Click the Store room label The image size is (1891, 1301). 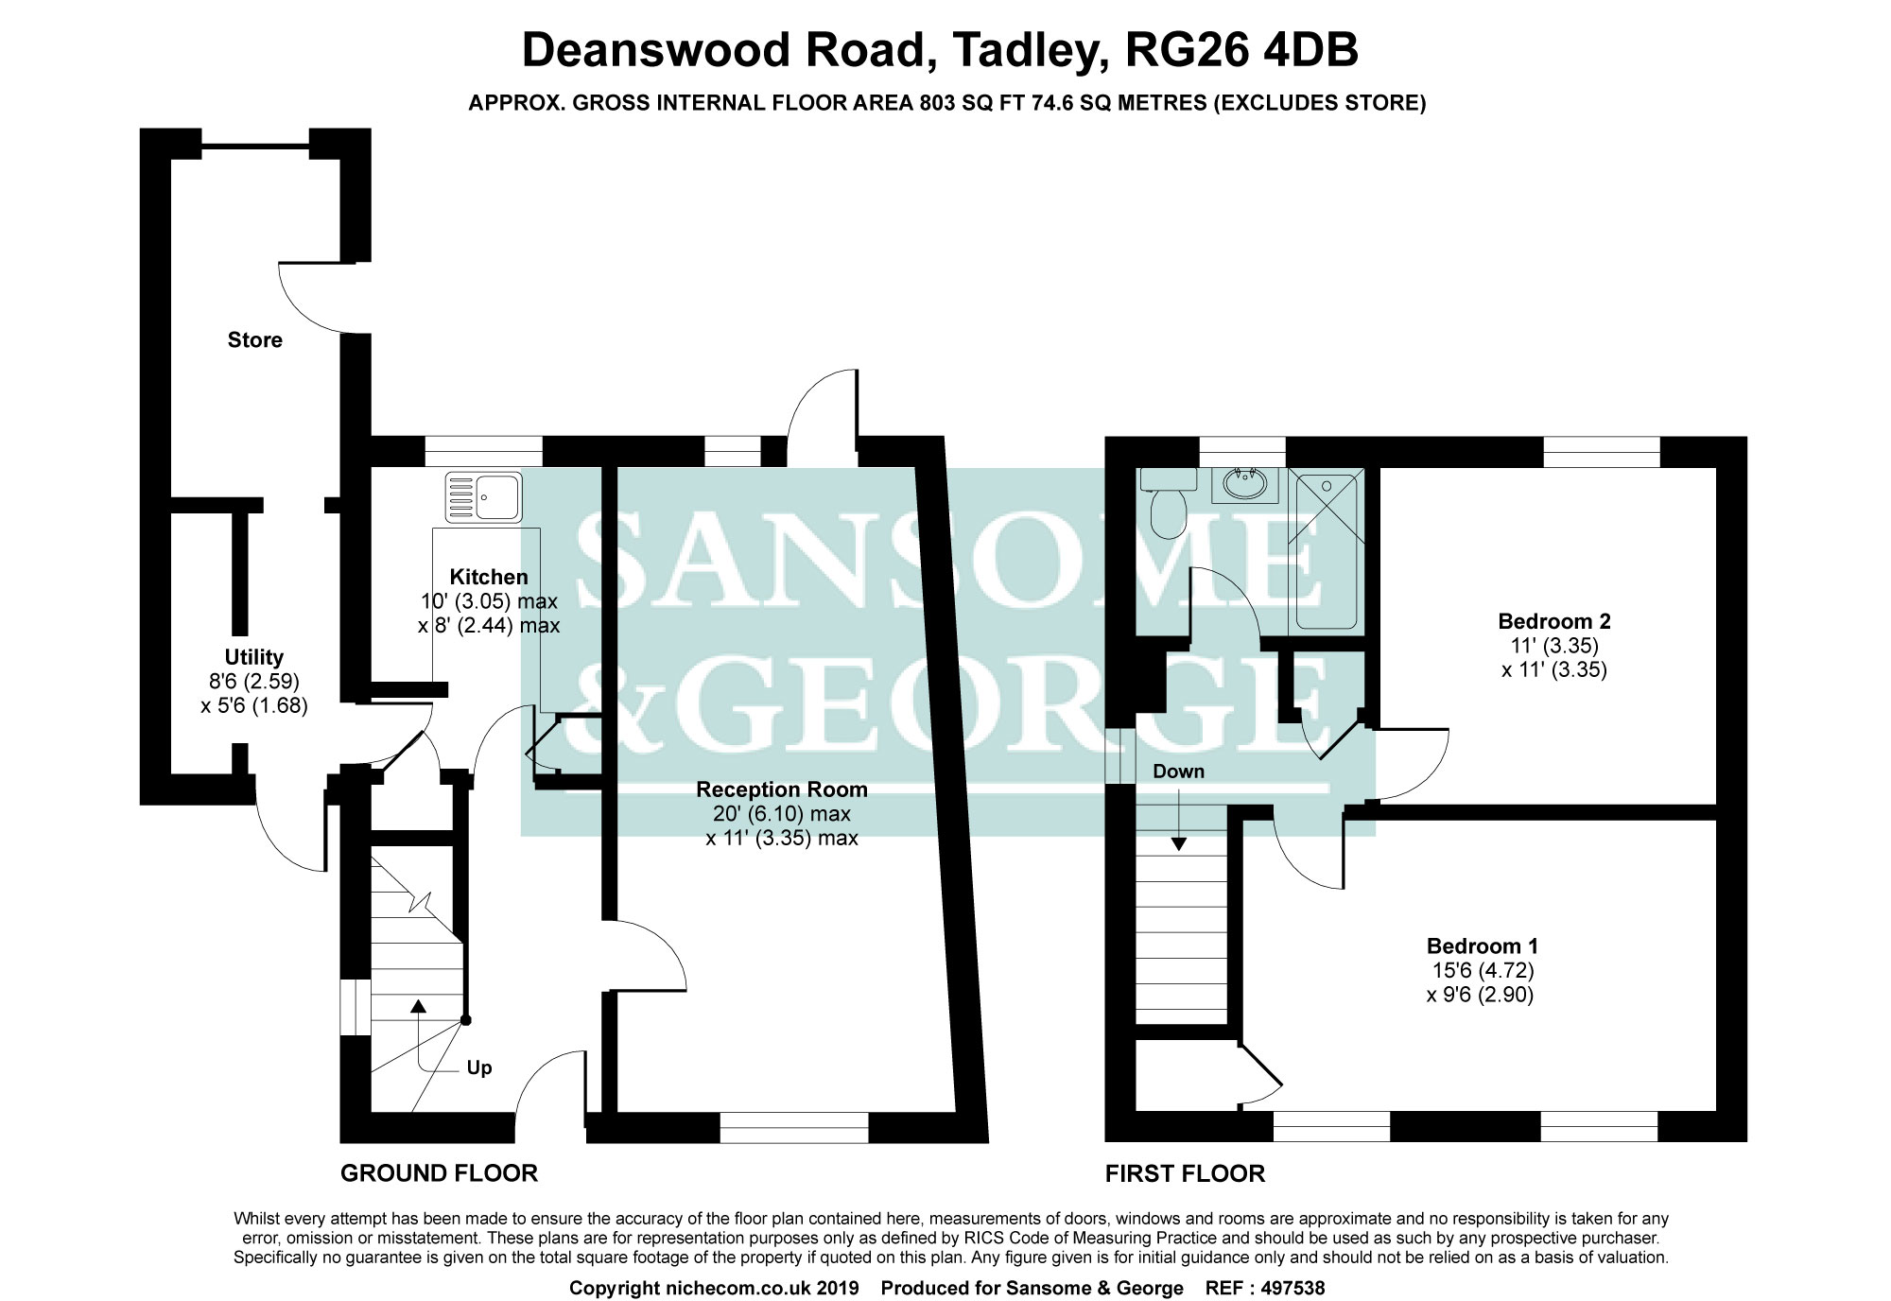coord(254,340)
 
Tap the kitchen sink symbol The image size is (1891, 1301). coord(483,495)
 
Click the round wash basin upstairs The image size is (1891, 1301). coord(1245,485)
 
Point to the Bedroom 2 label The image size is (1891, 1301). coord(1553,622)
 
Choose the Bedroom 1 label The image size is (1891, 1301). coord(1482,946)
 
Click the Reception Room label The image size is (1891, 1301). coord(781,789)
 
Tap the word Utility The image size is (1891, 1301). coord(253,657)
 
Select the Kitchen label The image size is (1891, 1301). coord(488,577)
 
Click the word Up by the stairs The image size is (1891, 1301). coord(479,1068)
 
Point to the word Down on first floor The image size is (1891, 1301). coord(1178,772)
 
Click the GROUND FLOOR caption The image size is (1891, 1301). coord(439,1173)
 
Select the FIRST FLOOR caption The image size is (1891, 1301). coord(1185,1173)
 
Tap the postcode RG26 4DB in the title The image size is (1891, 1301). coord(1240,51)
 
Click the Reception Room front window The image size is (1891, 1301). coord(794,1127)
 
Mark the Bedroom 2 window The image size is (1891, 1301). coord(1602,451)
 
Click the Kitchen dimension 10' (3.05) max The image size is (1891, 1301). coord(488,601)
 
